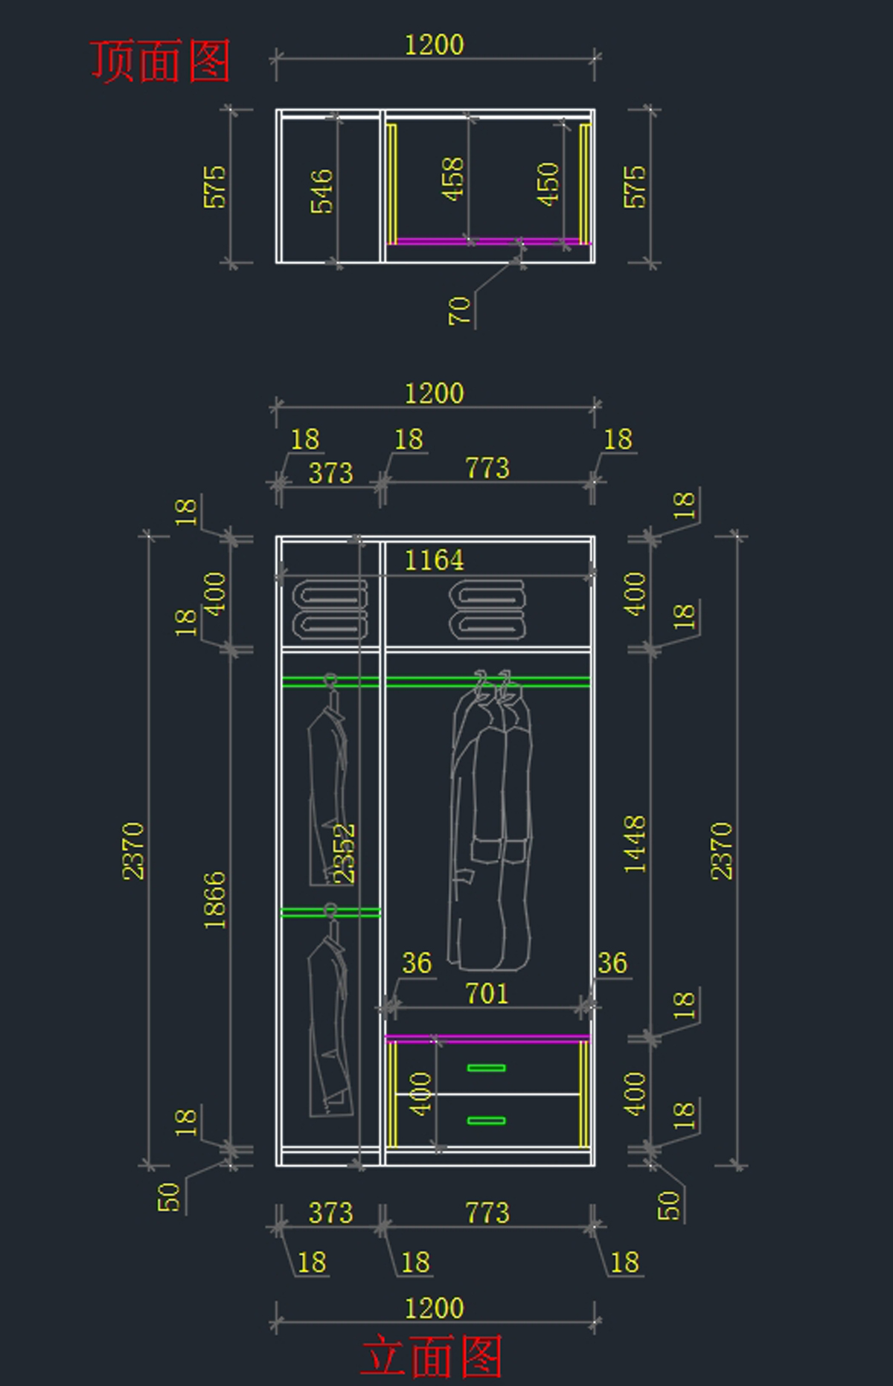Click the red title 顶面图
point(160,61)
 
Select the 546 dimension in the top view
point(321,191)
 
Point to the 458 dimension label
point(452,179)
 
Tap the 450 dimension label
point(548,184)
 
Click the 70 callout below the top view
point(460,310)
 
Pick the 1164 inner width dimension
point(434,559)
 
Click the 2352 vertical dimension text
point(345,853)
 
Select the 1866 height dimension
point(215,900)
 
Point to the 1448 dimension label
point(635,844)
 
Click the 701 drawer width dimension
point(487,993)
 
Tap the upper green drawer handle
point(487,1068)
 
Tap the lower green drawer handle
point(487,1120)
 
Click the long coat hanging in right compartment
point(491,826)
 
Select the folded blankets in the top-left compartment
point(330,610)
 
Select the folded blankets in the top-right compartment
point(487,610)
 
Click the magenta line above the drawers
point(487,1037)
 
